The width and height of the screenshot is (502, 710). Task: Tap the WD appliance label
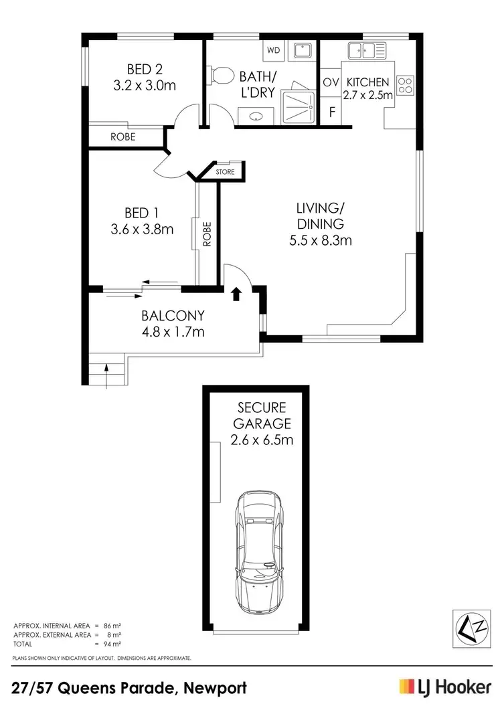(274, 50)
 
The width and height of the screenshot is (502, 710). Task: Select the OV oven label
(331, 82)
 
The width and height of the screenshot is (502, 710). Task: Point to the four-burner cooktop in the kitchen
(405, 84)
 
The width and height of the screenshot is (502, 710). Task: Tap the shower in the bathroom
(299, 106)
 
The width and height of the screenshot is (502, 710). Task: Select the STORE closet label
(226, 172)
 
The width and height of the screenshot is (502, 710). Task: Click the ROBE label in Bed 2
(123, 137)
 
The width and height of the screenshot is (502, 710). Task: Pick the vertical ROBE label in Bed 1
(207, 234)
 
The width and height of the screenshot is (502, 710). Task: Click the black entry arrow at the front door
(235, 293)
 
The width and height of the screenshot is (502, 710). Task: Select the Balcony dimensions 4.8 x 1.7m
(173, 331)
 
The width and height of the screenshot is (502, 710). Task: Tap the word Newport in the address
(214, 687)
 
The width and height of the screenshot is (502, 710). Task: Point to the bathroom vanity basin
(256, 116)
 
